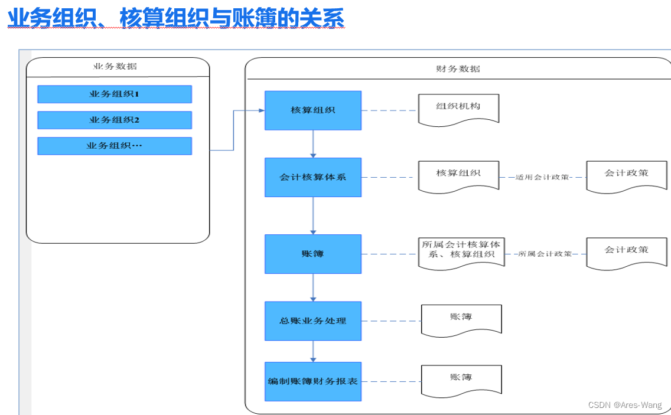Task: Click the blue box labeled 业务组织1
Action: click(x=115, y=94)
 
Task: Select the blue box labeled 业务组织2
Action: click(x=115, y=120)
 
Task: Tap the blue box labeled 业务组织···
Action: click(x=115, y=146)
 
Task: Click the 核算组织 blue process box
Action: click(x=312, y=110)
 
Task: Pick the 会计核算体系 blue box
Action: click(x=312, y=177)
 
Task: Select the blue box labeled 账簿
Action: click(x=312, y=254)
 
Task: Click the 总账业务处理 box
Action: click(x=312, y=321)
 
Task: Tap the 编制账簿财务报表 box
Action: click(x=312, y=381)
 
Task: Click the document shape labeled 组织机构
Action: click(x=458, y=109)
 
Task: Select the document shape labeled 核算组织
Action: click(x=458, y=175)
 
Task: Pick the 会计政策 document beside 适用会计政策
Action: click(x=627, y=175)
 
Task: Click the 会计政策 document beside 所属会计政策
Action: click(x=627, y=252)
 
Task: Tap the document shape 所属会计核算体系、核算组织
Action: click(x=461, y=251)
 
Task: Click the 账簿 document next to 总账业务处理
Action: click(x=461, y=319)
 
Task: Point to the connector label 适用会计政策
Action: click(x=542, y=177)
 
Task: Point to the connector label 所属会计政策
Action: click(x=545, y=254)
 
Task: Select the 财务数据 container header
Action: click(x=458, y=68)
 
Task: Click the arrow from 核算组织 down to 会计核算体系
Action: click(x=313, y=143)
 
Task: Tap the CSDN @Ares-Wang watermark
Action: click(x=625, y=405)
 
